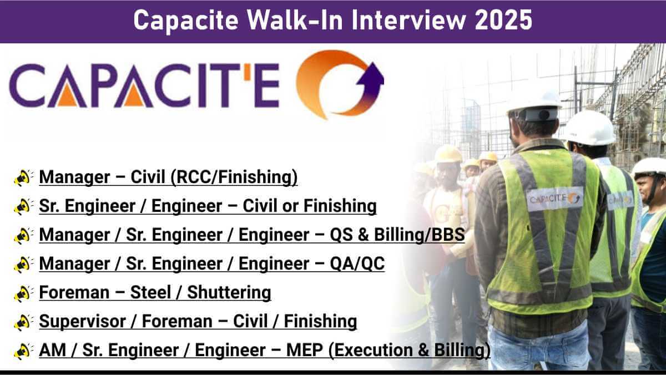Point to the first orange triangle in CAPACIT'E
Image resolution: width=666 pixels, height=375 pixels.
click(x=67, y=95)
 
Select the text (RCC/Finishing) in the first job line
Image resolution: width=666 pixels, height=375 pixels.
click(x=234, y=177)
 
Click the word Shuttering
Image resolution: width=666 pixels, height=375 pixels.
click(x=229, y=292)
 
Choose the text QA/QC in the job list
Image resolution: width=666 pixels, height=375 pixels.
click(x=357, y=263)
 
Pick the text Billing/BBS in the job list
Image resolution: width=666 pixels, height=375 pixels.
click(x=419, y=235)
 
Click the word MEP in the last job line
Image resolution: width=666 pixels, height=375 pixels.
click(x=305, y=350)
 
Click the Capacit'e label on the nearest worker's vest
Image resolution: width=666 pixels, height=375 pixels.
click(x=555, y=199)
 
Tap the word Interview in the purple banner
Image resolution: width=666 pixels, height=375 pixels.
click(x=409, y=19)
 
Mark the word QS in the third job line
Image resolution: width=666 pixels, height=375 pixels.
click(x=341, y=235)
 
